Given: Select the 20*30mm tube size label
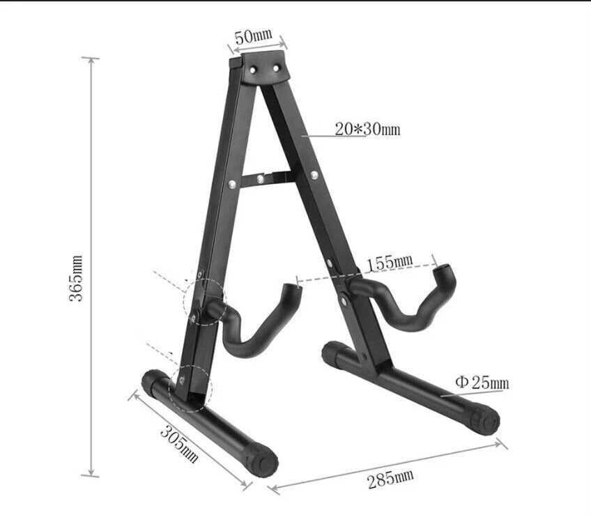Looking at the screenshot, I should click(367, 129).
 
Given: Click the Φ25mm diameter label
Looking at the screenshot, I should click(482, 382).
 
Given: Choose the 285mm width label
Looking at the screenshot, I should click(390, 479).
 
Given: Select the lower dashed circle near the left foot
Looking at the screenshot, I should click(188, 386).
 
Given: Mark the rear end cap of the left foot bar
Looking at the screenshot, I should click(153, 382).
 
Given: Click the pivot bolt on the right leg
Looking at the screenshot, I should click(344, 300).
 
